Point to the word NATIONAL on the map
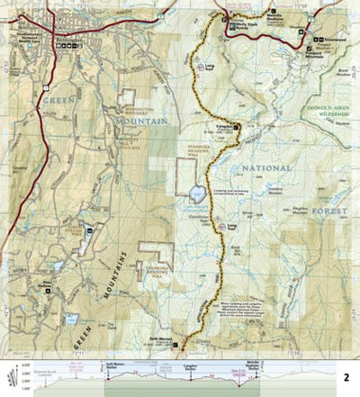tap(262, 168)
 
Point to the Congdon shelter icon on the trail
tap(238, 127)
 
